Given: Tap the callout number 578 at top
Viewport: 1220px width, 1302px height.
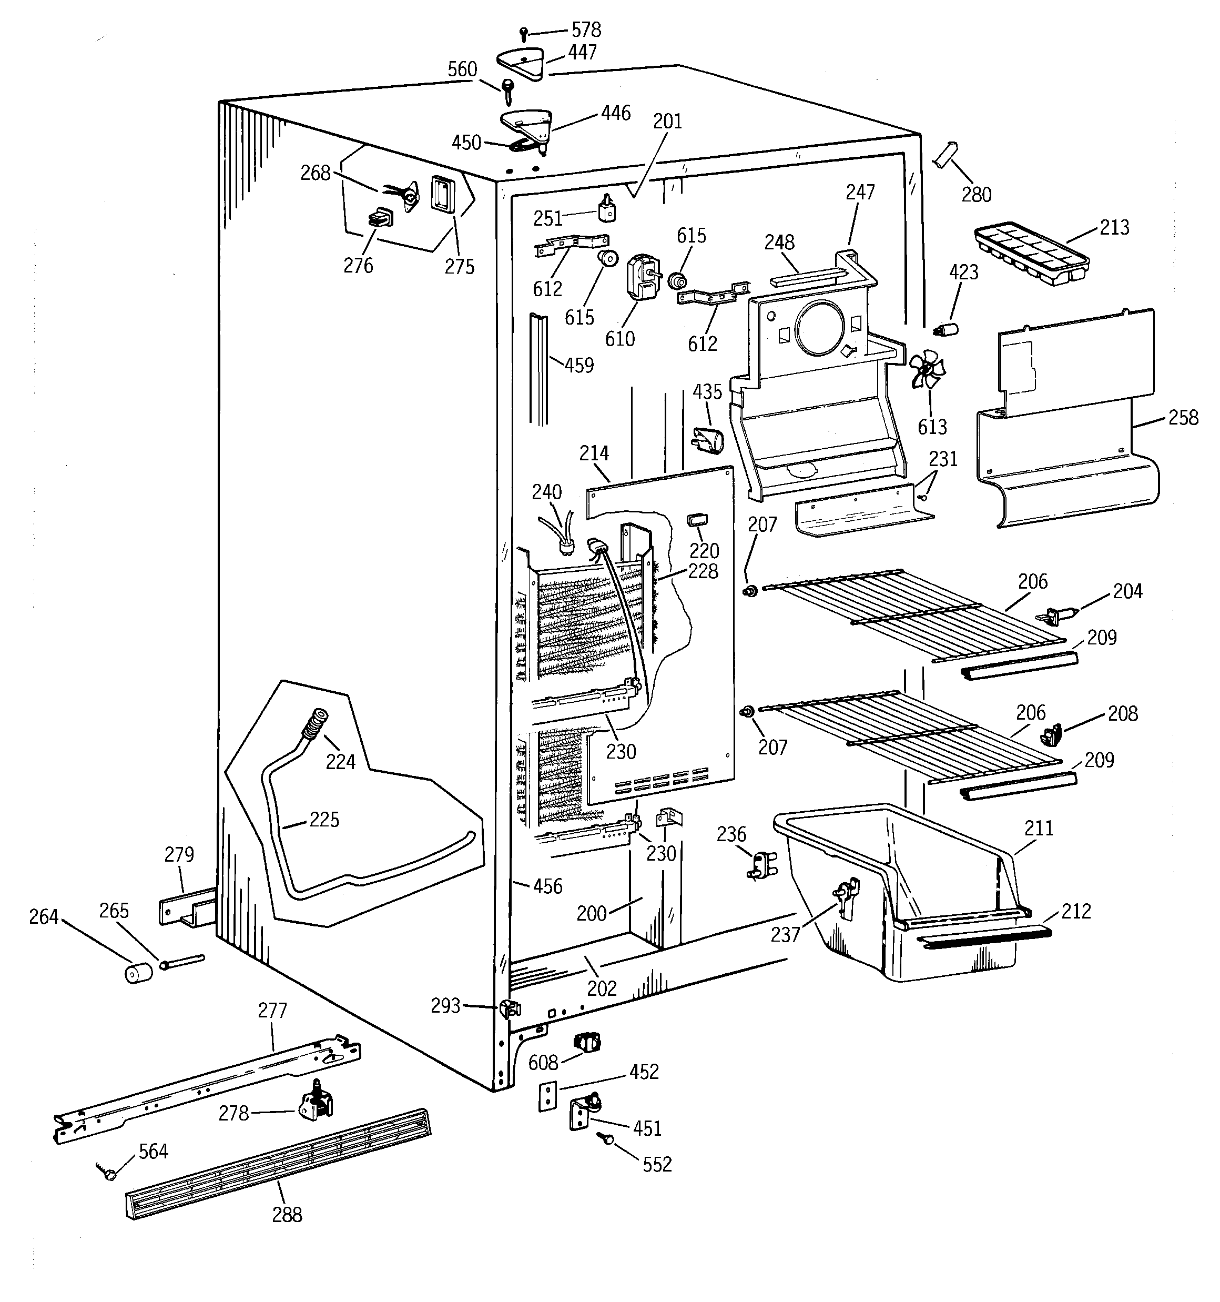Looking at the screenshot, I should click(x=586, y=29).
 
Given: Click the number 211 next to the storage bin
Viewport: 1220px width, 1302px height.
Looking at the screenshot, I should click(x=1039, y=829).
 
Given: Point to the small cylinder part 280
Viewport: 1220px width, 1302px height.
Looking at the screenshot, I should click(x=943, y=156).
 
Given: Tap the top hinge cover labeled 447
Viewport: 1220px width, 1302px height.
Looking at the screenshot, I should click(x=521, y=64).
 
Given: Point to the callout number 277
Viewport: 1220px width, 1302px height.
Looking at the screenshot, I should click(x=272, y=1011).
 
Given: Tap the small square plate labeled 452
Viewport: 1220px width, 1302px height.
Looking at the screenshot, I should click(x=547, y=1097).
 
